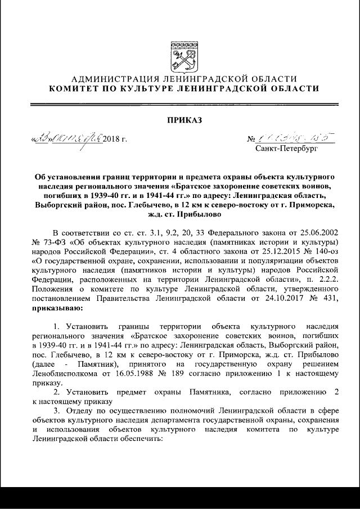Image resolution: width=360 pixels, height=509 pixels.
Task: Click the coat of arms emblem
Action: [180, 56]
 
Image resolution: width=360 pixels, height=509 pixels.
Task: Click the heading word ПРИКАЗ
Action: [180, 119]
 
